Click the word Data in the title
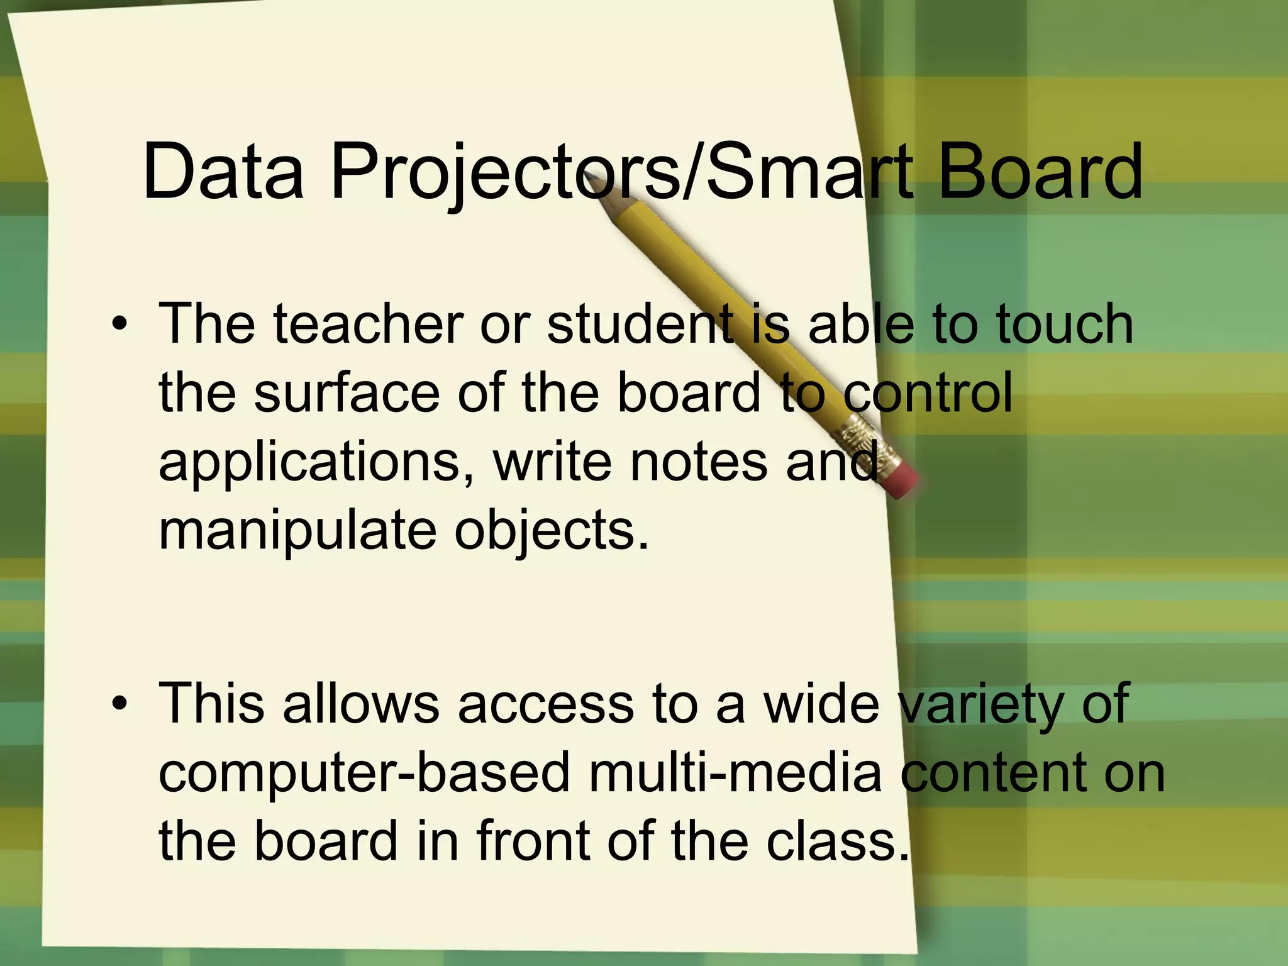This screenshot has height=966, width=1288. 223,171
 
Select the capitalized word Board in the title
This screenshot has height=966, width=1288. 1040,171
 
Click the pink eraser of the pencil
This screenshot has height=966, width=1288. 902,482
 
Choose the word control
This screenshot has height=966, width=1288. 928,392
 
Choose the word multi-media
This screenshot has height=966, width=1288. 735,773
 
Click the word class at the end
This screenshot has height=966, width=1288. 837,841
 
